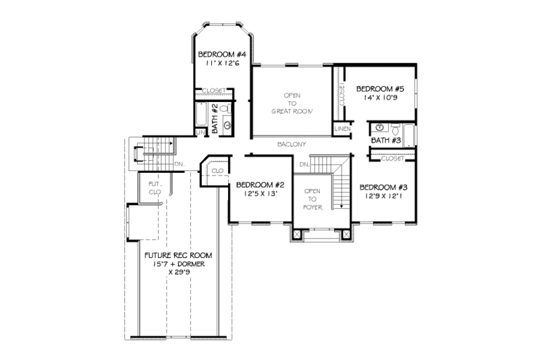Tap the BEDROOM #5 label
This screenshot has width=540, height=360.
pos(380,88)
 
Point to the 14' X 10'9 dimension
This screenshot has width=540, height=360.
pos(380,97)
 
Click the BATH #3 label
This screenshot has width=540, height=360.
pos(387,140)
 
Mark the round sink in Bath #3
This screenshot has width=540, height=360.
pos(380,127)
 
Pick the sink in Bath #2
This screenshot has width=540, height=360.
pos(227,125)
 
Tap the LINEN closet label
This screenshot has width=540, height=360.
pos(342,128)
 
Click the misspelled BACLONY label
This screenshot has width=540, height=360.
pos(292,145)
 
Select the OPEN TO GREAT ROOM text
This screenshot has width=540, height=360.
pos(292,103)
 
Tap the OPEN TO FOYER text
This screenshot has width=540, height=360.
pos(313,199)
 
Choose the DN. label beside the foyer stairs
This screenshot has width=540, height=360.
pos(304,164)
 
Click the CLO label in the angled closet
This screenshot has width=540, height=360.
pos(217,172)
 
